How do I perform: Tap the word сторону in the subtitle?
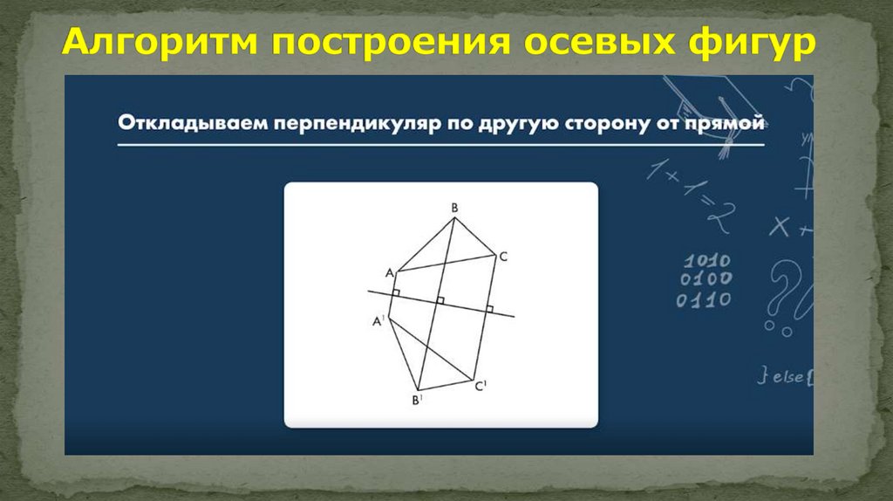[x=601, y=124]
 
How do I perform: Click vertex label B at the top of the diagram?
[x=454, y=208]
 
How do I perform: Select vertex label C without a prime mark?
[x=503, y=257]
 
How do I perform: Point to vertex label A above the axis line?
[x=389, y=271]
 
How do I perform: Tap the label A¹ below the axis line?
[x=378, y=321]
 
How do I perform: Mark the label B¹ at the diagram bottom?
[x=417, y=401]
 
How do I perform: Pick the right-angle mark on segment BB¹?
[x=441, y=300]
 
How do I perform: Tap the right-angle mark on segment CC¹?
[x=489, y=308]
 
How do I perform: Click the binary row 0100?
[x=706, y=280]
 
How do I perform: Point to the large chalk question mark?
[x=784, y=288]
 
